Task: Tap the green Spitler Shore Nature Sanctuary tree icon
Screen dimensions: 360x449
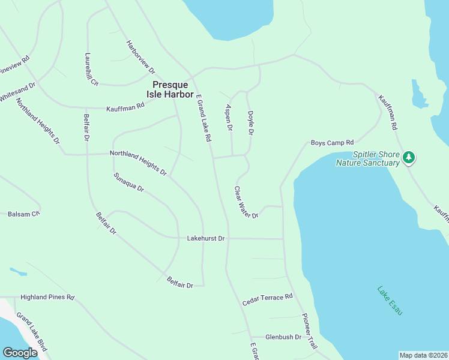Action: point(409,157)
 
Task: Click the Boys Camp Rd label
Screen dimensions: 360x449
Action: point(332,143)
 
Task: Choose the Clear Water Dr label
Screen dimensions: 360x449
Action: point(246,203)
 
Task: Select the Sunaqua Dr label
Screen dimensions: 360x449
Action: point(128,182)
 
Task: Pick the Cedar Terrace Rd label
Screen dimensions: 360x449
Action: point(267,299)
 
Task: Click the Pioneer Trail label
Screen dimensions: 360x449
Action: point(309,332)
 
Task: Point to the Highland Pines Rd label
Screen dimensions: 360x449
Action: point(47,297)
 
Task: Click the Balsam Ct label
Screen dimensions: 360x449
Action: point(23,214)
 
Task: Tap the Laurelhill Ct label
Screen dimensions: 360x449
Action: point(91,69)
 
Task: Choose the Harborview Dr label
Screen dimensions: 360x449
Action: point(140,58)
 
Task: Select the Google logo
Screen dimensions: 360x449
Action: point(20,353)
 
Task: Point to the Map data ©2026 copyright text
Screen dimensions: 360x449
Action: point(423,355)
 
